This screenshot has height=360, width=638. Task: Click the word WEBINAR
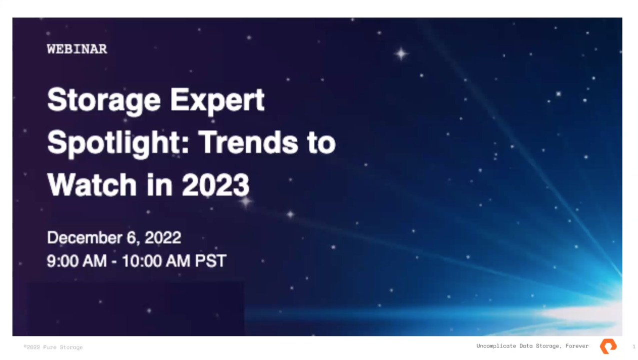tap(77, 49)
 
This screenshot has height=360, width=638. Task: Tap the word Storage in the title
tap(104, 101)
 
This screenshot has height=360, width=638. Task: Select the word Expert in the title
tap(217, 101)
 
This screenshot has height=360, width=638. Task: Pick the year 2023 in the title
tap(216, 185)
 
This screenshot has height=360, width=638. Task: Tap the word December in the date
tap(84, 237)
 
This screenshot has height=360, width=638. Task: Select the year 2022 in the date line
tap(163, 237)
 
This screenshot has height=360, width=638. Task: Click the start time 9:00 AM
tap(77, 261)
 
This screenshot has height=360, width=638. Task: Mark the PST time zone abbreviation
tap(210, 261)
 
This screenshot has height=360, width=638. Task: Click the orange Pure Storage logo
tap(608, 346)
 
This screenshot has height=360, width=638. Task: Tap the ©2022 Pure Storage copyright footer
tap(53, 347)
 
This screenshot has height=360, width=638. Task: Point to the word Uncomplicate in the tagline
tap(496, 346)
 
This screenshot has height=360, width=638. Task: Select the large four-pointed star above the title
tap(401, 53)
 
